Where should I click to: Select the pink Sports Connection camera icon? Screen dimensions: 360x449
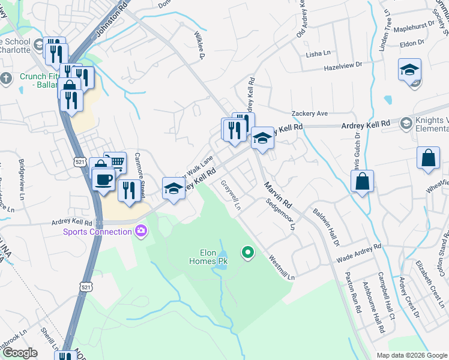click(x=141, y=230)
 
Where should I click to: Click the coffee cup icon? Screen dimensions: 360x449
click(x=103, y=178)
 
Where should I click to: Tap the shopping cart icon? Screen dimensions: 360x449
click(x=116, y=161)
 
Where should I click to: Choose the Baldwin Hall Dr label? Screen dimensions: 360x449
click(x=327, y=227)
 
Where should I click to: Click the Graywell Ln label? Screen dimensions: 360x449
click(x=231, y=196)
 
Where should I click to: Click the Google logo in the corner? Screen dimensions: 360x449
click(x=20, y=353)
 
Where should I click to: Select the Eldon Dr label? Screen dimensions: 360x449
click(x=412, y=43)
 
